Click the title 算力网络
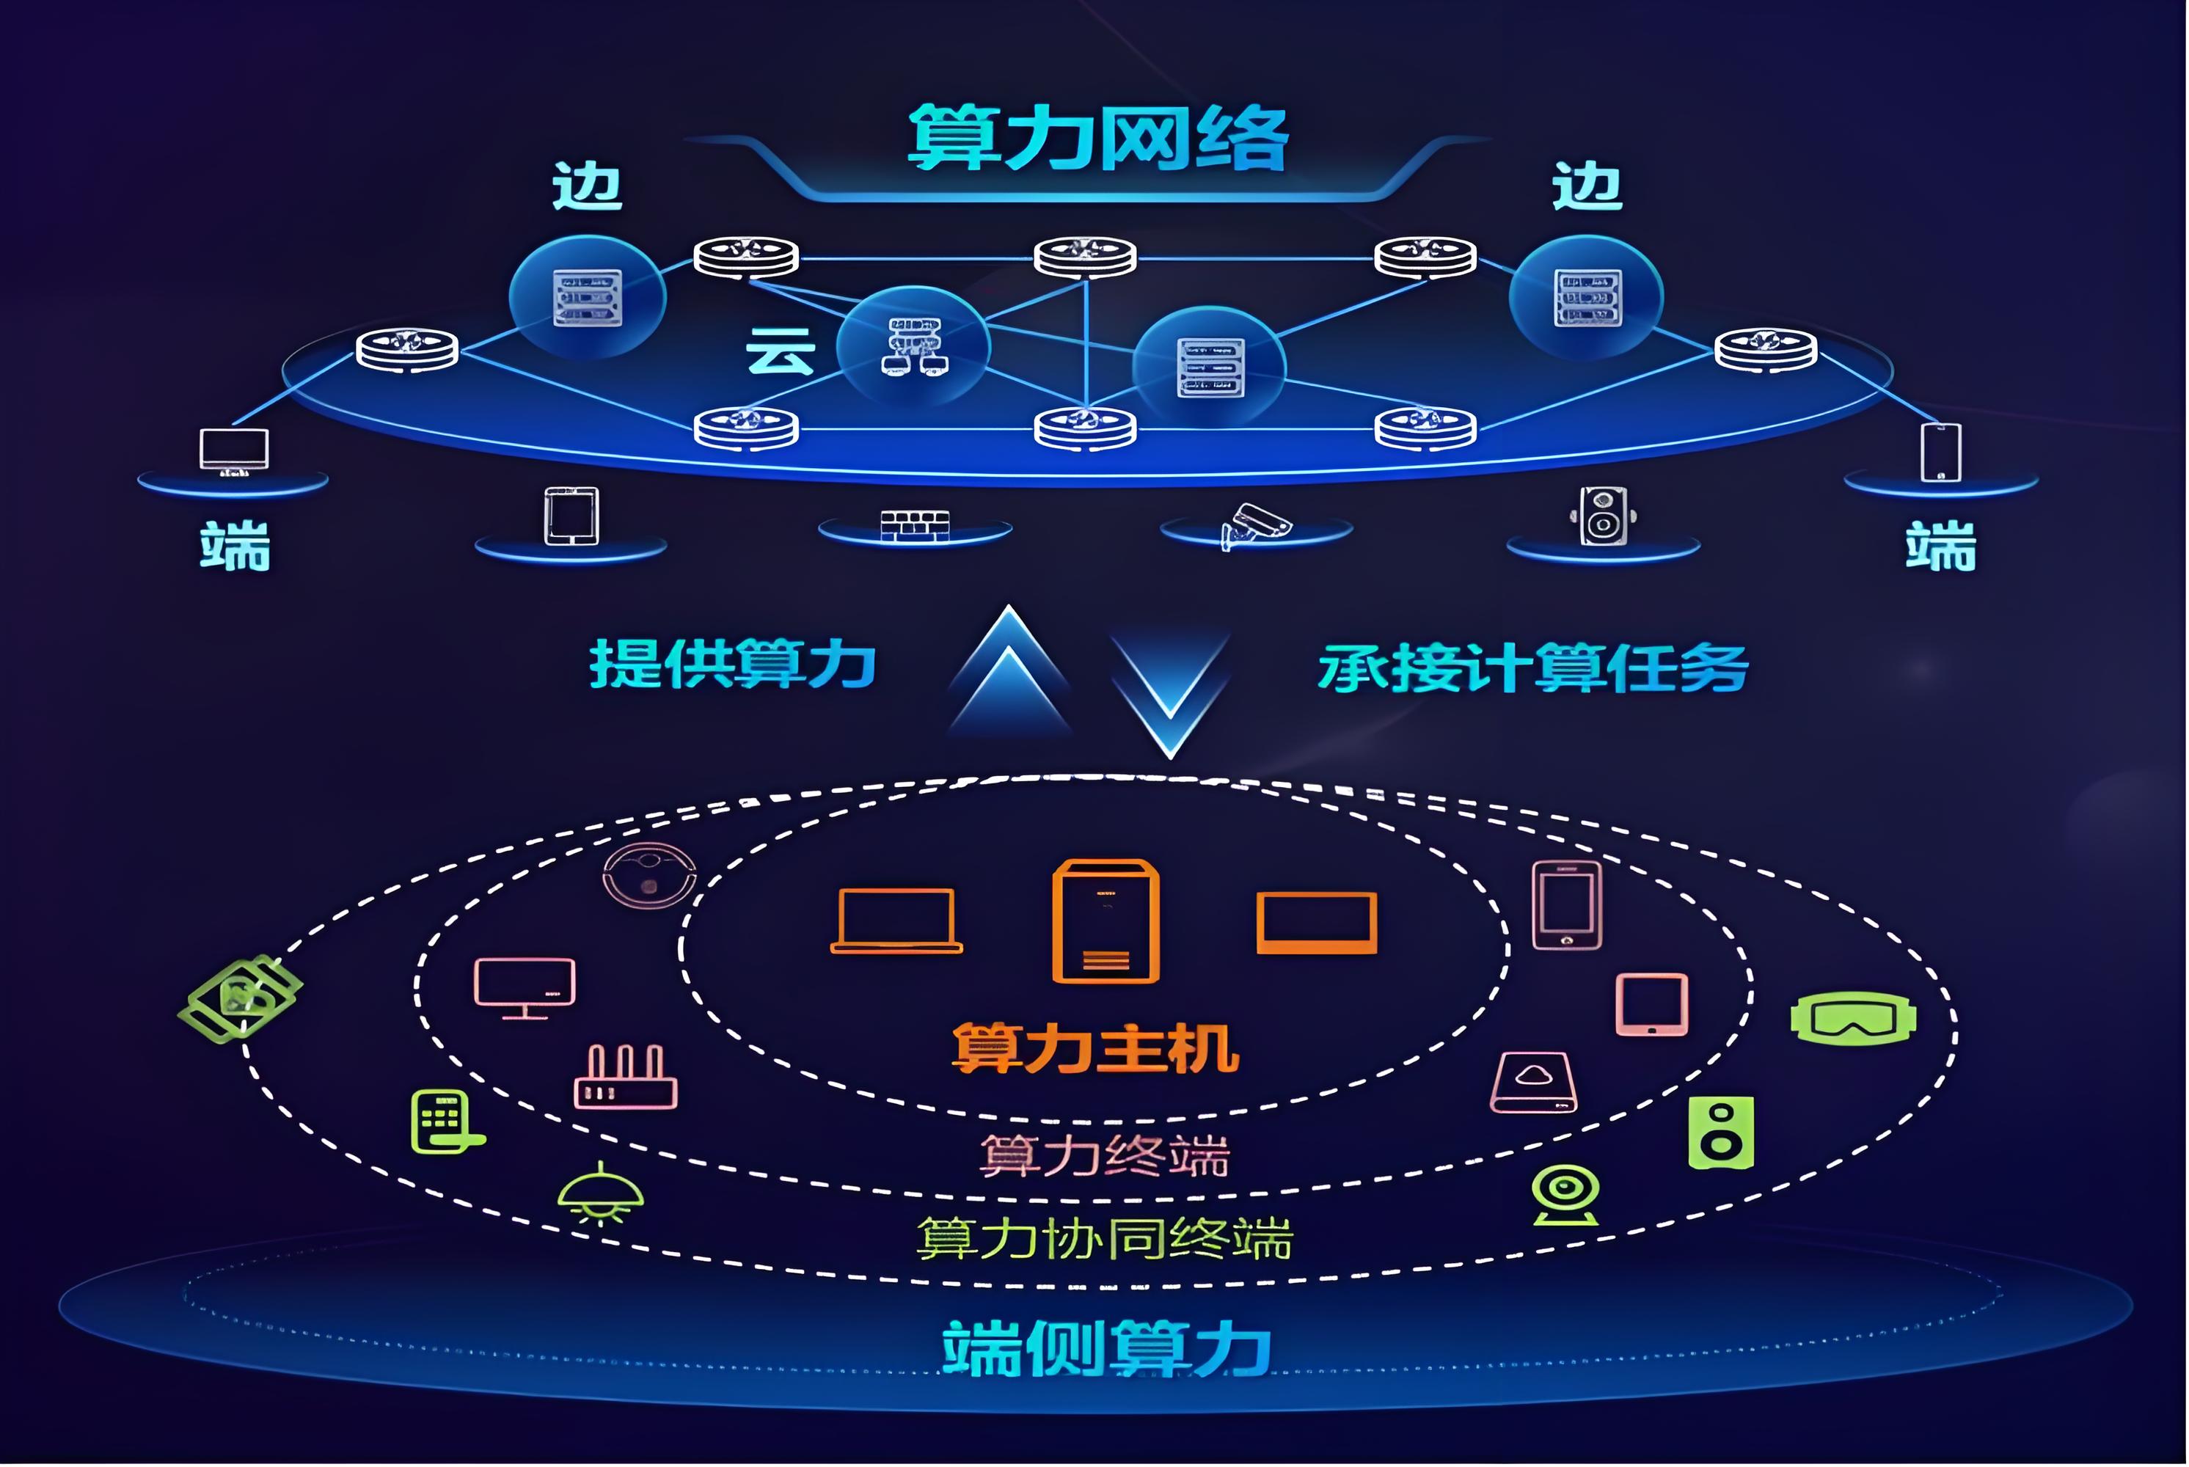1099,139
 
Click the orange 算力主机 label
1095,1048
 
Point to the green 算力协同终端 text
1105,1238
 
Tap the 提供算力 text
732,665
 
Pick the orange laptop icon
896,921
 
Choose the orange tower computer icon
1106,921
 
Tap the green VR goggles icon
1853,1018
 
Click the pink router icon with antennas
625,1077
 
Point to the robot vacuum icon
649,876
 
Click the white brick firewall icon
915,525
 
